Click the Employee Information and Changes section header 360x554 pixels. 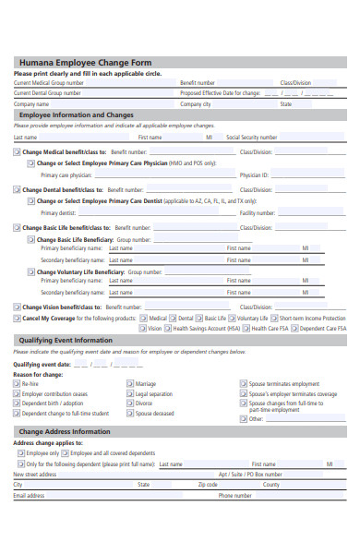[x=77, y=114]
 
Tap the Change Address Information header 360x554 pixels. [x=65, y=431]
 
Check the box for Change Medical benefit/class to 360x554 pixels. [x=17, y=151]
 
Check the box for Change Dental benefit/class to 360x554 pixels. [x=17, y=189]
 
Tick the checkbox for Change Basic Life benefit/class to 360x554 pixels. [x=17, y=227]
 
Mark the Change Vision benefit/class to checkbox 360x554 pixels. [x=17, y=307]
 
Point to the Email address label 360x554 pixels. [x=29, y=495]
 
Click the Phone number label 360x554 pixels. [x=235, y=495]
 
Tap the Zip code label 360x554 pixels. [x=208, y=484]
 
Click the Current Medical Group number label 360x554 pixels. [x=48, y=82]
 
